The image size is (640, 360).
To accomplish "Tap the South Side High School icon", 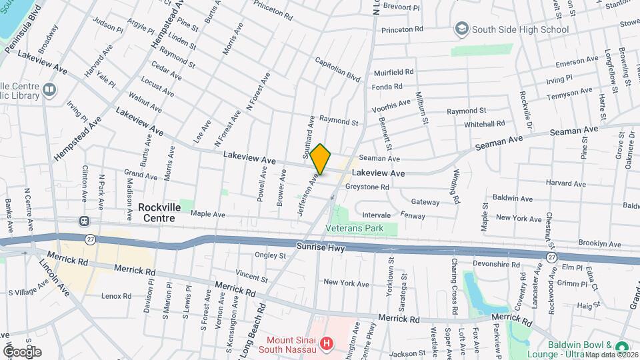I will (461, 29).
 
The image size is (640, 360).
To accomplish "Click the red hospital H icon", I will (327, 344).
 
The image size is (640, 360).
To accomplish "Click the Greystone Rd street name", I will (367, 187).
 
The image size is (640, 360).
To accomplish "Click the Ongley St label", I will (270, 255).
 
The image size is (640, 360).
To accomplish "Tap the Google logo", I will (22, 351).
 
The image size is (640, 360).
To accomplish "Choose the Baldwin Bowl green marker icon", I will (623, 348).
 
